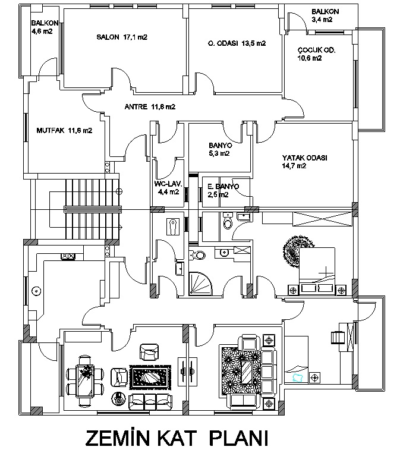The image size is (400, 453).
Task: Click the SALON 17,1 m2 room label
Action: tap(122, 37)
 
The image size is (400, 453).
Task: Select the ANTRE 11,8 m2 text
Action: tap(150, 107)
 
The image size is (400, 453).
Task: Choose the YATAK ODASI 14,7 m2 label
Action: tap(305, 162)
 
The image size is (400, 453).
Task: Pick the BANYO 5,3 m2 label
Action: tap(219, 149)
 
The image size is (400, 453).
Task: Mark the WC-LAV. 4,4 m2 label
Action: tap(167, 188)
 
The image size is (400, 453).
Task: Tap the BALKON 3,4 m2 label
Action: tap(325, 15)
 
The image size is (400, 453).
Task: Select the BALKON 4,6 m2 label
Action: tap(42, 27)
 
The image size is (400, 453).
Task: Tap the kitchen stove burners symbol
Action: tap(67, 256)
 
